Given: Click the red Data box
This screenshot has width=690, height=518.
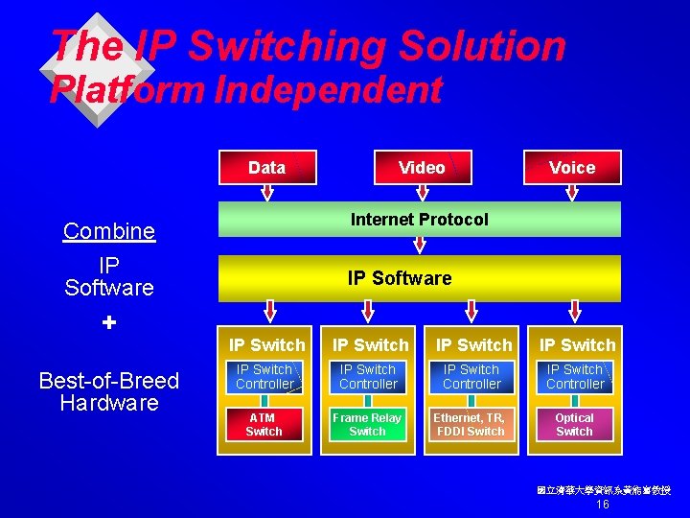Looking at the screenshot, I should pos(266,167).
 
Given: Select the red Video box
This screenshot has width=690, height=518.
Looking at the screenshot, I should pos(422,167).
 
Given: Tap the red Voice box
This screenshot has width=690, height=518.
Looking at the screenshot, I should pos(572,167).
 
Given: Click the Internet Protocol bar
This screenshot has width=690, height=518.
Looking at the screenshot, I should pos(420,220).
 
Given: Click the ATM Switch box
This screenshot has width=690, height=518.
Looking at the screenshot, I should pos(264,425).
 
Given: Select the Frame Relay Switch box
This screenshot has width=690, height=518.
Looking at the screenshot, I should pos(367,425).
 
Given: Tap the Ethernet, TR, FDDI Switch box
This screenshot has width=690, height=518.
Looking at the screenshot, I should pos(471,425).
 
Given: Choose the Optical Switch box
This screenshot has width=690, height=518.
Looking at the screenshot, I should pos(574,425).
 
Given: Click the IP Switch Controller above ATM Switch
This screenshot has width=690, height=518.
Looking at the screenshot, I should pos(264,377).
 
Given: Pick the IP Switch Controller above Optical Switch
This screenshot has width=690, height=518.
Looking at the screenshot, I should pos(575,377).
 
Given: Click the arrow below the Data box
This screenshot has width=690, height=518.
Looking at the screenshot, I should pos(266,193).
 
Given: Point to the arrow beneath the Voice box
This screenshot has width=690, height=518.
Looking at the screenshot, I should pos(573,193).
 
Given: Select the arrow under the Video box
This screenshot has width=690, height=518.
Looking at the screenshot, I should pos(422,193).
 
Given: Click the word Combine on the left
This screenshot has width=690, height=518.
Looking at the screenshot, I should pos(109,231).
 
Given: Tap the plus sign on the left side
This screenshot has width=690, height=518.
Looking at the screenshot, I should pos(109,323).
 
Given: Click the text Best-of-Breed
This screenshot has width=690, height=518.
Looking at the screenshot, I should pos(109,381).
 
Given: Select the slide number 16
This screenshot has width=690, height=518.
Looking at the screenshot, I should pos(603,505).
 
